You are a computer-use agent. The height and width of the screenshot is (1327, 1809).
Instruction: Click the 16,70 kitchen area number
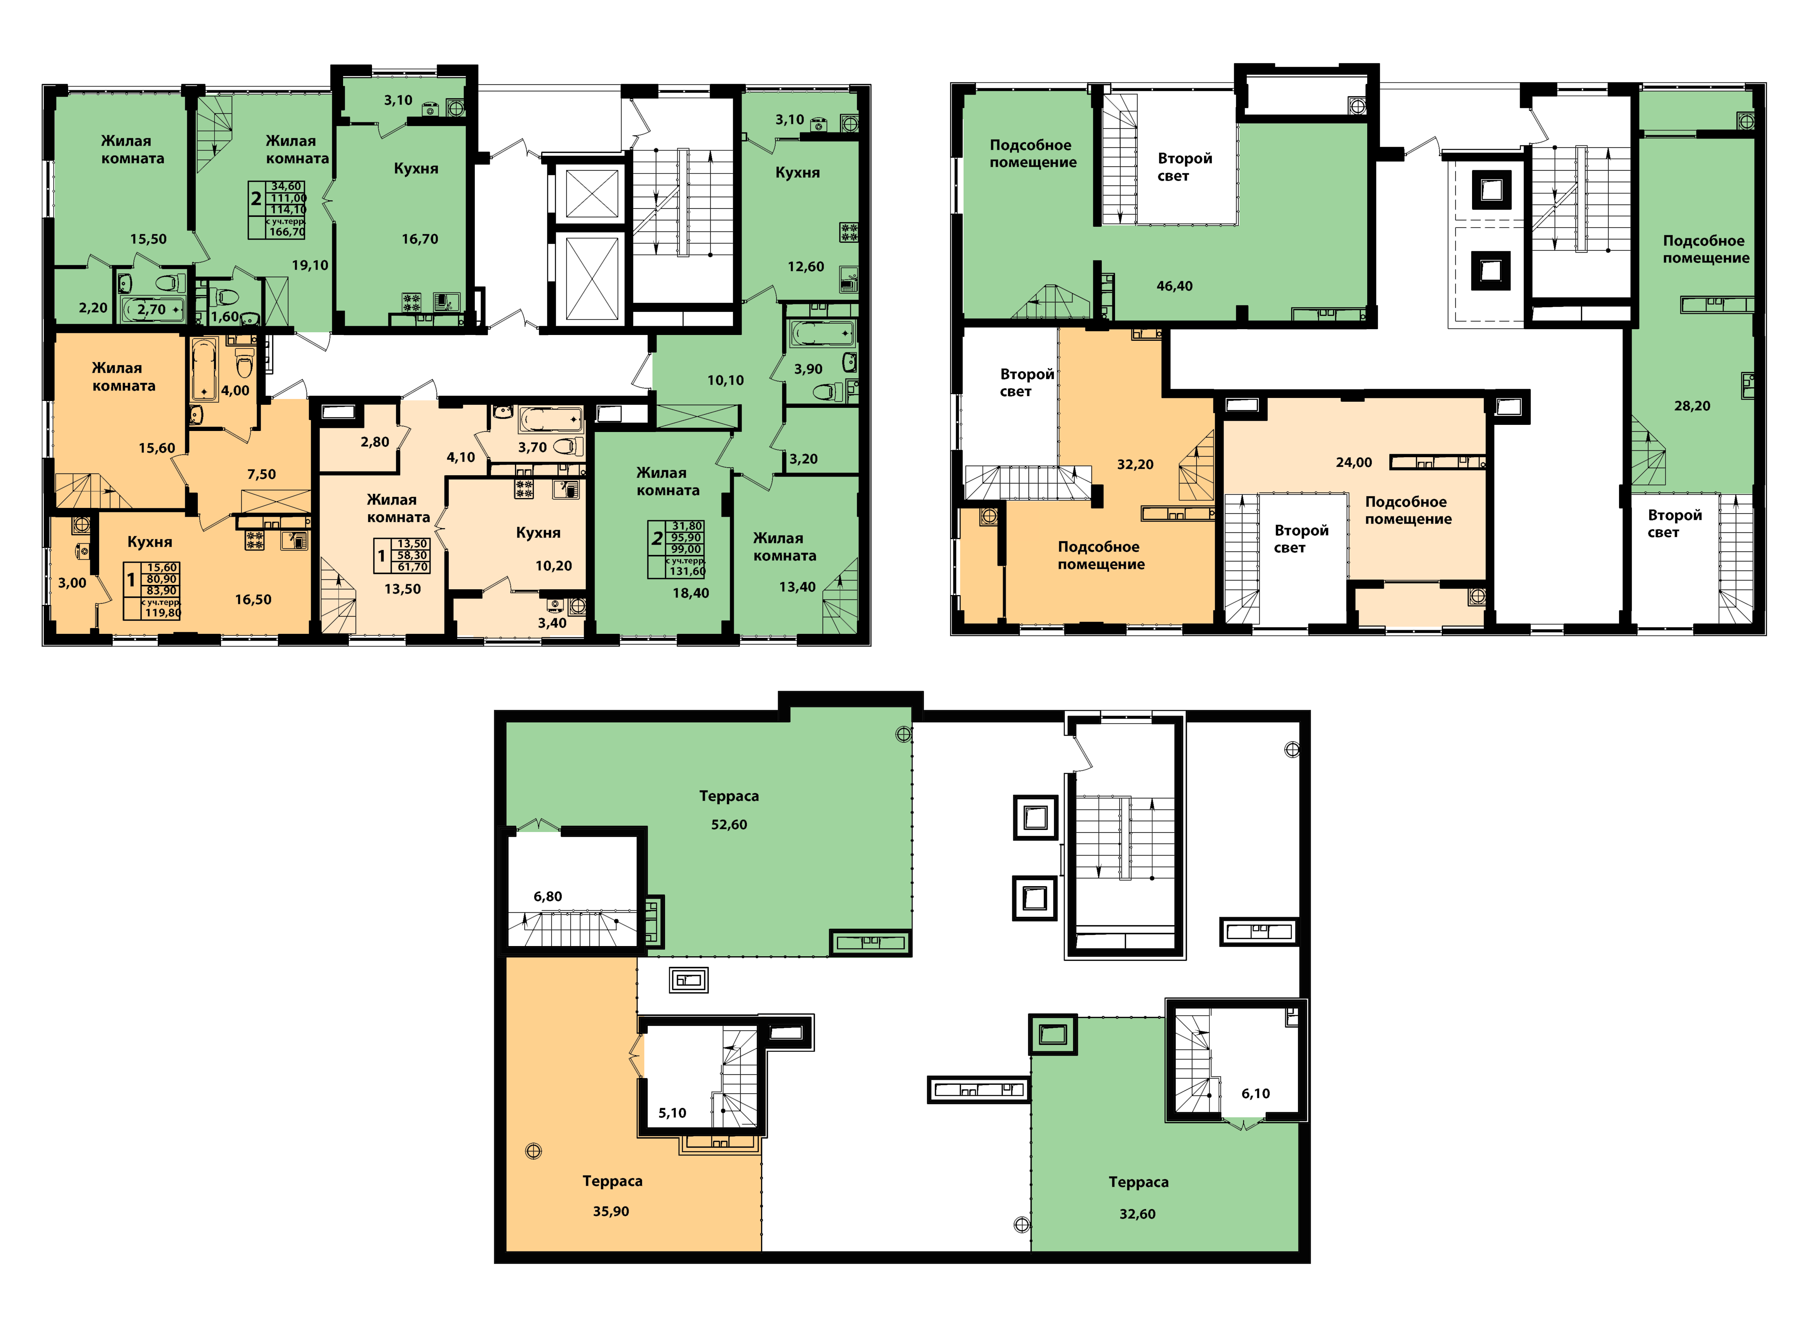420,239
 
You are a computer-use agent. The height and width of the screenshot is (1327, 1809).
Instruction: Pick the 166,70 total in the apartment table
287,232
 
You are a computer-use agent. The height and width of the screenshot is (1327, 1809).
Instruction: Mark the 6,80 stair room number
548,896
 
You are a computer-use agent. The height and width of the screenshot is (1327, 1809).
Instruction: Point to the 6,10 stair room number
1256,1093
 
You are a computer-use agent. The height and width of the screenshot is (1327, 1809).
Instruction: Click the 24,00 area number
1354,462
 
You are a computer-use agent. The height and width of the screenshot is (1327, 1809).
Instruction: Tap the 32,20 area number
1135,464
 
